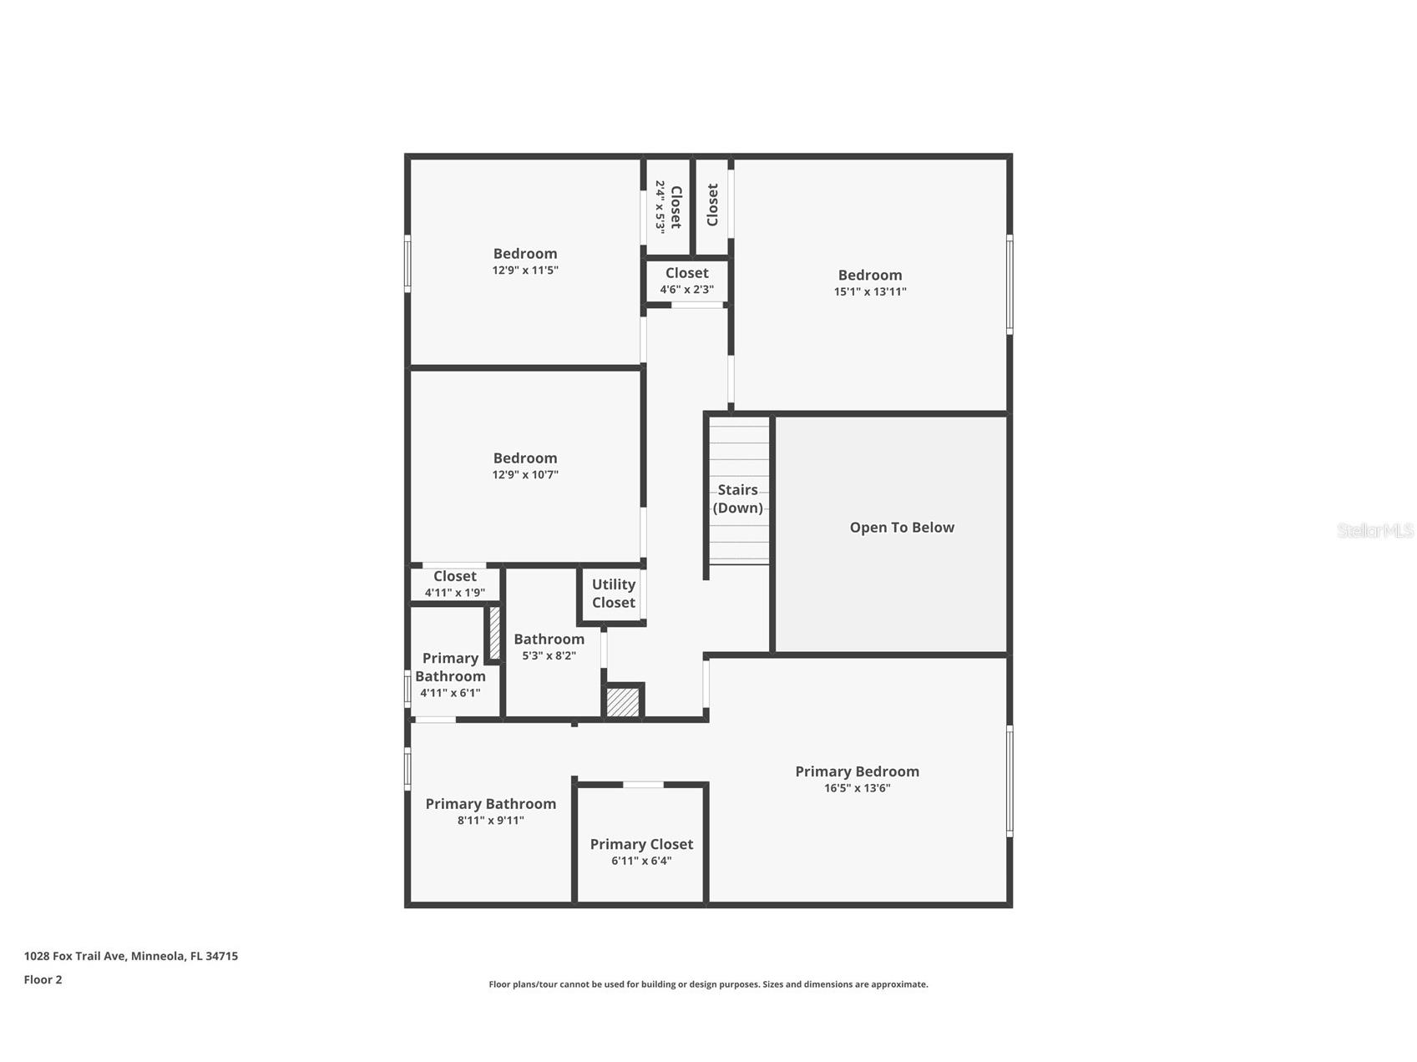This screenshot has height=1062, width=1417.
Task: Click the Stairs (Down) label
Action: click(737, 498)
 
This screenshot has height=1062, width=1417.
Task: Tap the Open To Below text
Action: click(901, 527)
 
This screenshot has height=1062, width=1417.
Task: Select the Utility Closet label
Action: click(613, 594)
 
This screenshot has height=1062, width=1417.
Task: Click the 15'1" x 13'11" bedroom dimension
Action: click(869, 291)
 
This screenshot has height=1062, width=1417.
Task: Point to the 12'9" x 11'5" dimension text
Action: click(524, 271)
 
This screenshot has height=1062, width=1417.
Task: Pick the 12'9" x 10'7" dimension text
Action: click(524, 474)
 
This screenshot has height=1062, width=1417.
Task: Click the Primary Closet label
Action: click(640, 844)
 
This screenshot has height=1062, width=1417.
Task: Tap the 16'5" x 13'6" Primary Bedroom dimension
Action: click(857, 788)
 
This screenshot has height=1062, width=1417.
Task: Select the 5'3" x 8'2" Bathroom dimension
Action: click(549, 655)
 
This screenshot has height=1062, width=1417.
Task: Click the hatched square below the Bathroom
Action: click(622, 701)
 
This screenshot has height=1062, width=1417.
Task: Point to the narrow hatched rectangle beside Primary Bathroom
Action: click(494, 633)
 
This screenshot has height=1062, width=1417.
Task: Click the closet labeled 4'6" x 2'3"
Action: click(686, 281)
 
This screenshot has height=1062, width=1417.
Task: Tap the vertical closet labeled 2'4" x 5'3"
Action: click(668, 206)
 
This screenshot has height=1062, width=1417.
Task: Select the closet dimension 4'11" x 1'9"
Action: click(454, 593)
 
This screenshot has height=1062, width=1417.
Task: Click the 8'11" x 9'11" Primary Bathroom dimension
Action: click(490, 820)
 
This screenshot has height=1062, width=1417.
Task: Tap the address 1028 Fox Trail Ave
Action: click(130, 956)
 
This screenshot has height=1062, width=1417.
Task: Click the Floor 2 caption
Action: click(43, 979)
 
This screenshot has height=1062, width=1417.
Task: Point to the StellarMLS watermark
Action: click(1374, 530)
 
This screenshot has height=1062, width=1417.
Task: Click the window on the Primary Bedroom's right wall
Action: click(1009, 781)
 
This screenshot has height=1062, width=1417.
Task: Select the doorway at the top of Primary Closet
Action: click(643, 785)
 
